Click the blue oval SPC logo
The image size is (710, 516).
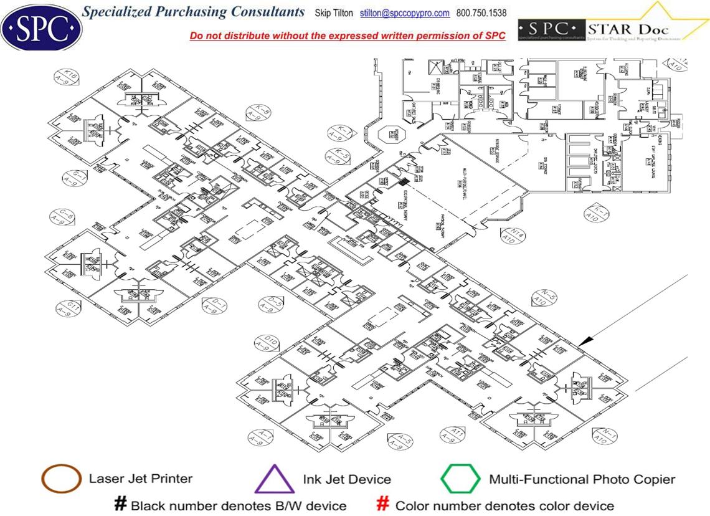click(x=41, y=27)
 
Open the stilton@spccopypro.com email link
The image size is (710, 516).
click(x=405, y=13)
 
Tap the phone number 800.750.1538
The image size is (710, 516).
click(x=481, y=13)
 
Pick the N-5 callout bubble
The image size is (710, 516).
click(x=546, y=298)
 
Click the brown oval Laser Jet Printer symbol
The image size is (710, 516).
click(x=61, y=479)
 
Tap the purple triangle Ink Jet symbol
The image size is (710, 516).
click(x=274, y=479)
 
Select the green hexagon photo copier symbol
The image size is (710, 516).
click(x=460, y=479)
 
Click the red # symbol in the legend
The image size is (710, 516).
click(x=383, y=505)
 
